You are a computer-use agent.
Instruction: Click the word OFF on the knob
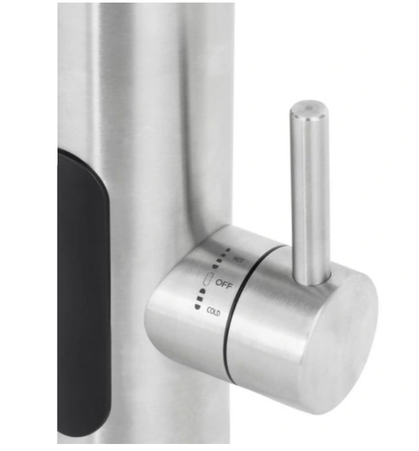[x=224, y=284]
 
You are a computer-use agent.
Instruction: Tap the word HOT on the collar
[x=238, y=260]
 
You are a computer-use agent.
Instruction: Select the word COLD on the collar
[x=213, y=312]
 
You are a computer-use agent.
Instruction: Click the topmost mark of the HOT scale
[x=229, y=249]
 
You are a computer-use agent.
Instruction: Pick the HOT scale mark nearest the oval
[x=215, y=266]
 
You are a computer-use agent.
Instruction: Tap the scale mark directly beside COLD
[x=197, y=307]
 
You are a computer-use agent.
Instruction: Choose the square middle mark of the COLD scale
[x=199, y=298]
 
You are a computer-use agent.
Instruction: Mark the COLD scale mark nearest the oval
[x=203, y=291]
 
